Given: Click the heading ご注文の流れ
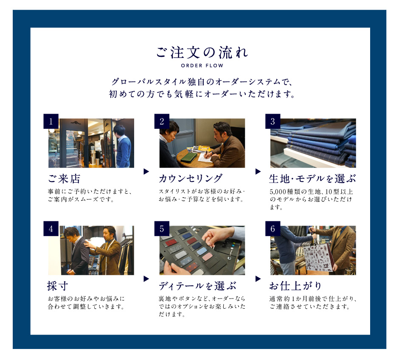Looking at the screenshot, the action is coord(202,53).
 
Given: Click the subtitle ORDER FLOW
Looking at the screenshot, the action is coord(202,66).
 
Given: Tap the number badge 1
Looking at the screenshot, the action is coord(51,121).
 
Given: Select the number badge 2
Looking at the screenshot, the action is coord(162,121).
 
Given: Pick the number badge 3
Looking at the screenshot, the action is coord(273,121).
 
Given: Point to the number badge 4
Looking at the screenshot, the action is coord(51,229).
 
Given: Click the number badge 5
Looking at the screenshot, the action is coord(162,229).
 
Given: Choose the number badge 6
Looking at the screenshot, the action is coord(273,229).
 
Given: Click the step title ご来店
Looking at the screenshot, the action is coord(64,179).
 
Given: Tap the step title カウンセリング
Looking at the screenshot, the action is coord(191,179).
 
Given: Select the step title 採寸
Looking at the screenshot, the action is coord(57,286).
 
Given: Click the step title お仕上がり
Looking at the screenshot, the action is coord(295,286).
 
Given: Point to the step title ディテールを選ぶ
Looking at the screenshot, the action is coord(198,286).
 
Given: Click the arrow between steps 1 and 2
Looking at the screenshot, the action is coord(146,171).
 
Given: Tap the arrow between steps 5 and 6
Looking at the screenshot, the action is coord(258,279).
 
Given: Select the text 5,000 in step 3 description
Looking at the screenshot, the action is coord(277,192).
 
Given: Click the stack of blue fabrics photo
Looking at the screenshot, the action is coord(313,143).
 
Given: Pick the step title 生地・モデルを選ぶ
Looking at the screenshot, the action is coord(312,179).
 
